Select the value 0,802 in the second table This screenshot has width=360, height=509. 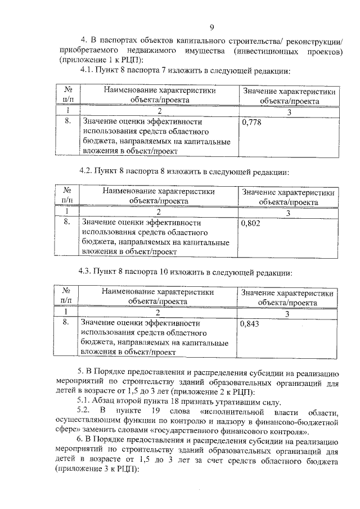coord(250,223)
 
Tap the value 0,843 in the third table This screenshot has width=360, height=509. coord(250,323)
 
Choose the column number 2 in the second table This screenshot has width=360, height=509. coord(159,212)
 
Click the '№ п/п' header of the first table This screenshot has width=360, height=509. coord(68,95)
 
